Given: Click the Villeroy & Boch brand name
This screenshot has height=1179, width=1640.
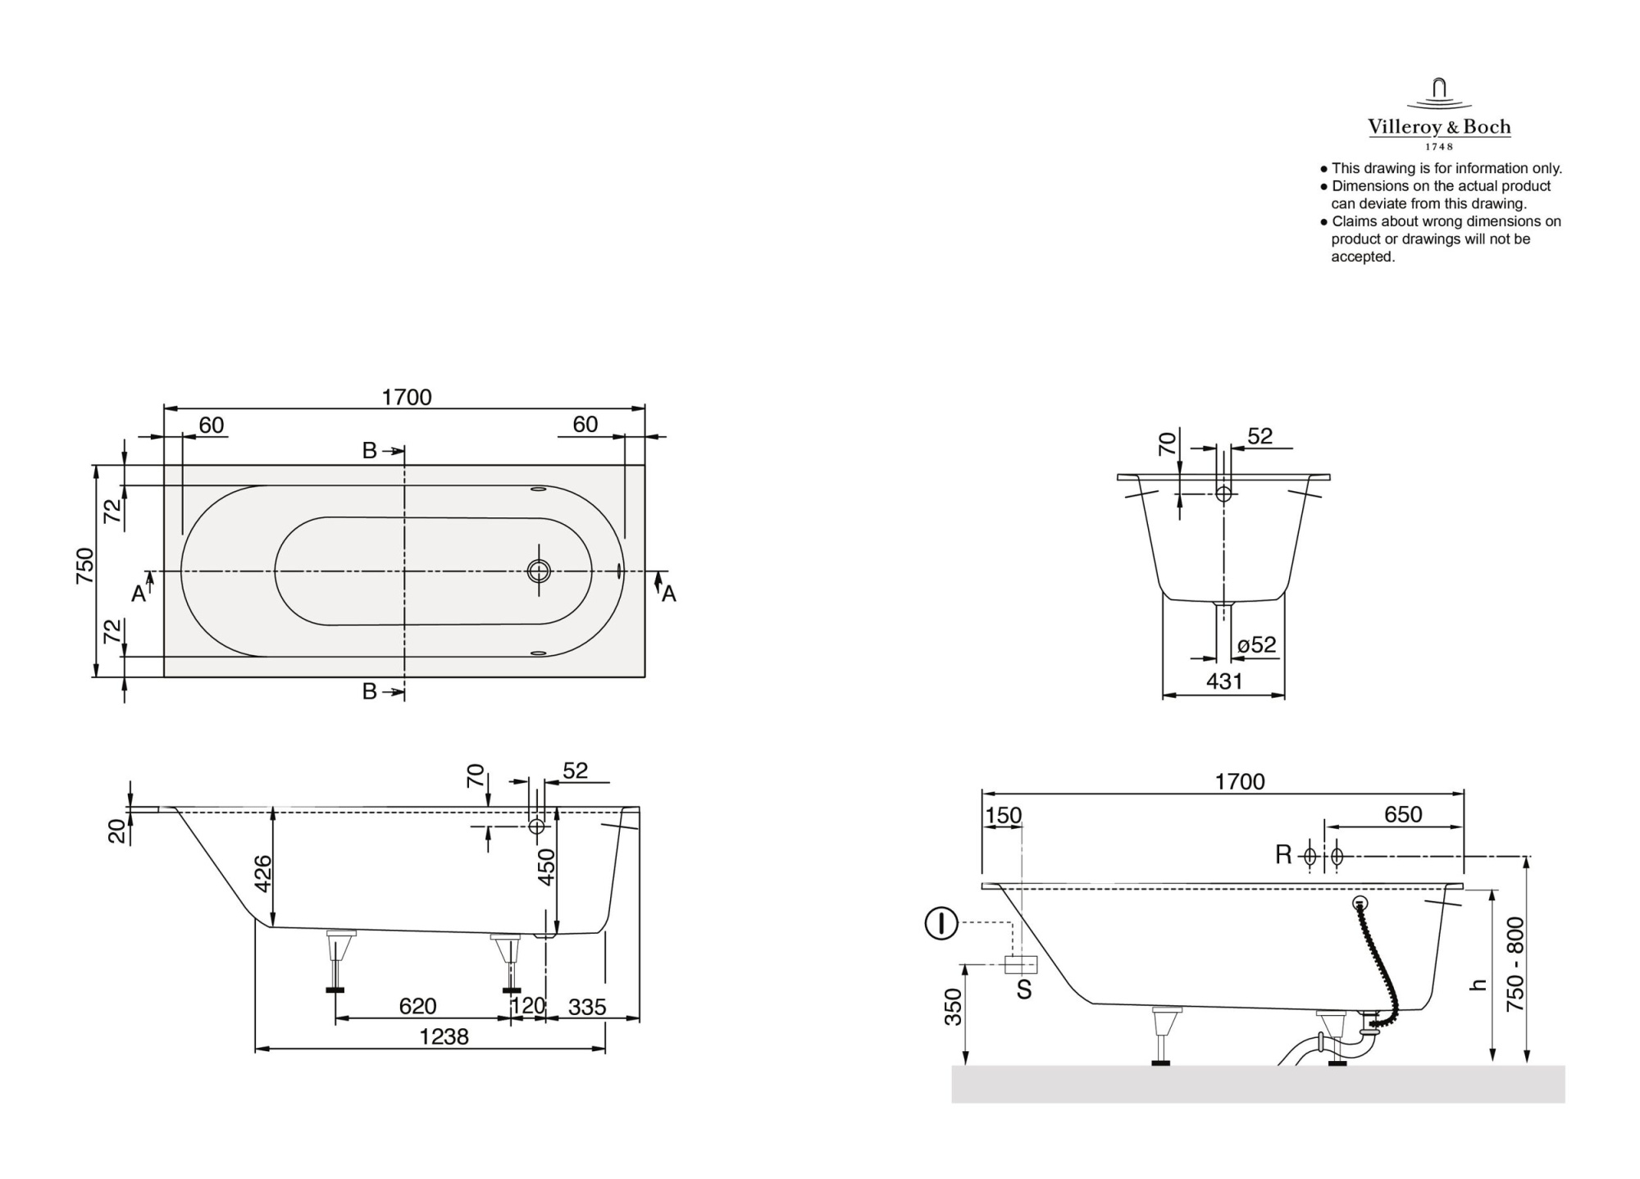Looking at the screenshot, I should tap(1439, 127).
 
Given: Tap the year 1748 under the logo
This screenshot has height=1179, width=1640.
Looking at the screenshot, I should tap(1439, 147).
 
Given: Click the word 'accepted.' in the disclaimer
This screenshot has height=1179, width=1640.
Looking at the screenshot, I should tap(1363, 257).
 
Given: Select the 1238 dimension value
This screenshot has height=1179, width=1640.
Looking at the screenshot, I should tap(444, 1037).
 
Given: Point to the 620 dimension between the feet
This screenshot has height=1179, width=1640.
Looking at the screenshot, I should tap(417, 1006).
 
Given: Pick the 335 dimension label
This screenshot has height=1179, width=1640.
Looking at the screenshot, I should tap(586, 1007).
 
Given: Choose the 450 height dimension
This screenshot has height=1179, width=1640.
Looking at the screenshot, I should tap(546, 867).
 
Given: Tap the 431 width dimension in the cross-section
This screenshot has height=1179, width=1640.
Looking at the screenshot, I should tap(1224, 681).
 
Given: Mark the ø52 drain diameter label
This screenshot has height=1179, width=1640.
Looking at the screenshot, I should tap(1256, 645).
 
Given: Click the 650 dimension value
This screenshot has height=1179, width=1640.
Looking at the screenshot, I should tap(1403, 814).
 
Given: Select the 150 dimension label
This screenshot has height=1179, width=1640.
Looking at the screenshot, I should tap(1004, 815).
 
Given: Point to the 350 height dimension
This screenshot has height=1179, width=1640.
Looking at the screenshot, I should tap(953, 1006).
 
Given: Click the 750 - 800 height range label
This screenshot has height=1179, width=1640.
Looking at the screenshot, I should tap(1515, 964).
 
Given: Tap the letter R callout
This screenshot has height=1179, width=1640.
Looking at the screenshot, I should tap(1283, 855).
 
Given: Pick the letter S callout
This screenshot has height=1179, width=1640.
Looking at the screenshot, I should tap(1024, 990).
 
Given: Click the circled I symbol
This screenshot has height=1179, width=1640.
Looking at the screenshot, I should tap(941, 924).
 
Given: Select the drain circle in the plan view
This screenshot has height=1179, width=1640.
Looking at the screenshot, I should tap(539, 571).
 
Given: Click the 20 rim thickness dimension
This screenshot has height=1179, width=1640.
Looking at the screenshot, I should tap(118, 831).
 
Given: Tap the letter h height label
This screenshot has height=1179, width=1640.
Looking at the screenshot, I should tap(1478, 985).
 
